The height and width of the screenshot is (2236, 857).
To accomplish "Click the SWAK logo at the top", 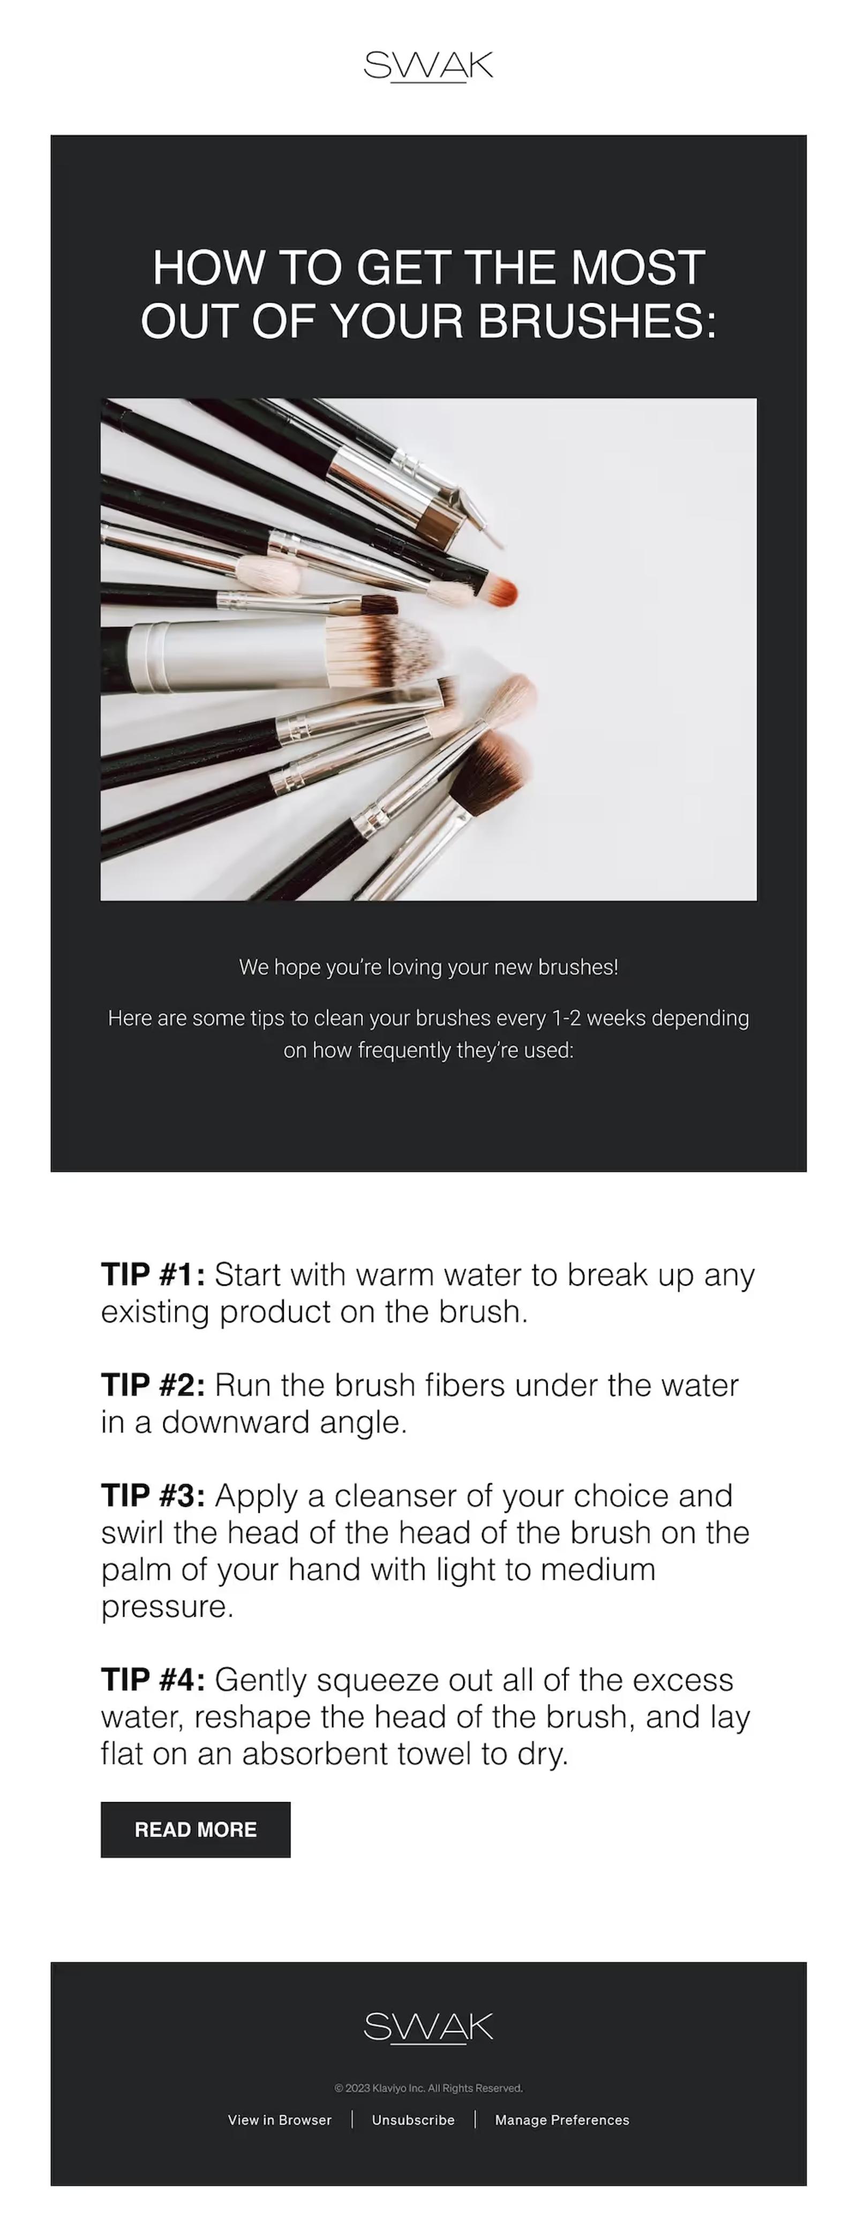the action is (428, 66).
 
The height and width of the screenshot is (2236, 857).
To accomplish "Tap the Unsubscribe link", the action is (414, 2120).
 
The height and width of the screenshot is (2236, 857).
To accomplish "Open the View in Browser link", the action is (280, 2120).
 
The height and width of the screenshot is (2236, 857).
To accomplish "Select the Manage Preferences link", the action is (562, 2120).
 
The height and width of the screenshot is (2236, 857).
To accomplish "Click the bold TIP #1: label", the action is (153, 1274).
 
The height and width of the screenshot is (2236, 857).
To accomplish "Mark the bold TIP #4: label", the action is (153, 1679).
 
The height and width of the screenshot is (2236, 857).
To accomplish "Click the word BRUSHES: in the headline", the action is (597, 321).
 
